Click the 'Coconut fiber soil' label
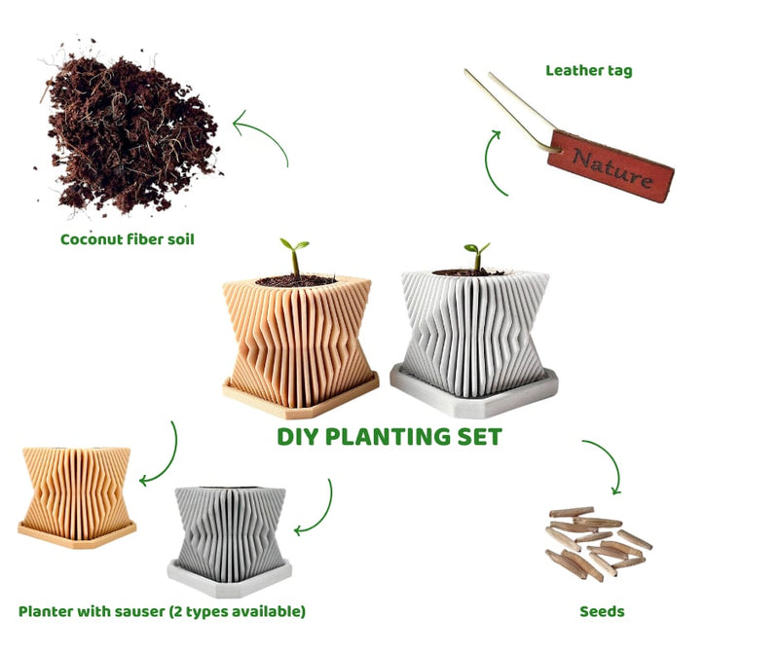click(128, 239)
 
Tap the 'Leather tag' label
click(589, 70)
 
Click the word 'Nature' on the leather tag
click(612, 167)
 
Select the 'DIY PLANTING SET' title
click(389, 437)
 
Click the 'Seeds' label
click(602, 611)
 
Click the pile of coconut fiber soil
click(130, 131)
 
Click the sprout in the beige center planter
click(295, 257)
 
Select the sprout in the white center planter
click(477, 257)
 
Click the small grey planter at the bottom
click(229, 541)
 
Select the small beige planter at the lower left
click(77, 496)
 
